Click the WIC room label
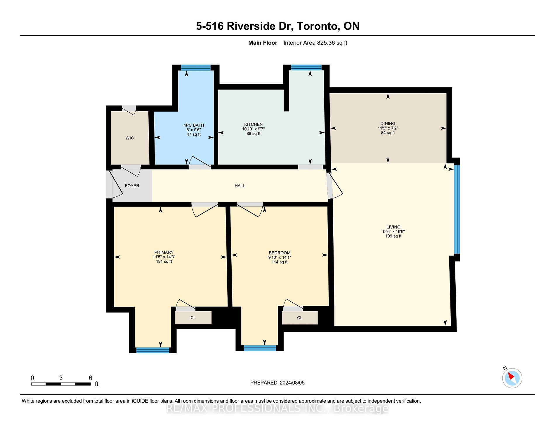coord(130,138)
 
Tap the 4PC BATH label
coord(194,125)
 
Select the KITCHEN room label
coord(254,124)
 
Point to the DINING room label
coord(388,123)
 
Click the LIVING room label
coord(393,227)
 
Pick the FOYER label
coord(132,186)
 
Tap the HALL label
coord(240,186)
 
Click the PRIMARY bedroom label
coord(164,252)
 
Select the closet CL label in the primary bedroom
coord(193,318)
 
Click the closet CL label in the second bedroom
coord(300,318)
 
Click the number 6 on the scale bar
coord(91,378)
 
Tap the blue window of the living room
coord(457,209)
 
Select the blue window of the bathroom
coord(196,68)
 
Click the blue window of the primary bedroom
coord(153,350)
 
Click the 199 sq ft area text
coord(393,236)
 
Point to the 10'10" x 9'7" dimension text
coord(254,129)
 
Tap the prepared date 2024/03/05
coord(292,383)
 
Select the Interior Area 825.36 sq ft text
coord(315,43)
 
